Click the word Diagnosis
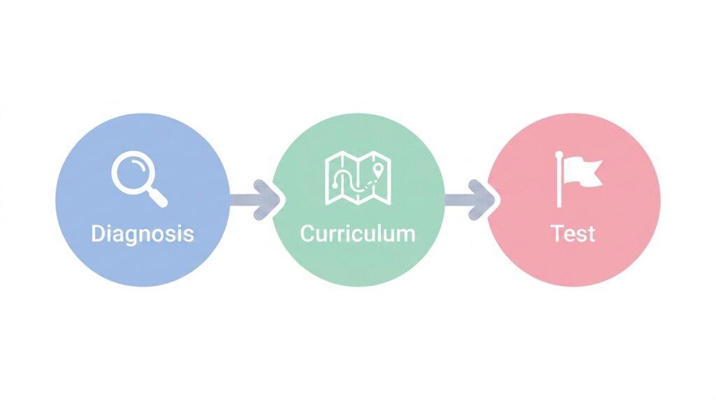point(143,234)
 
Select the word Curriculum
point(358,234)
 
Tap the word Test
point(573,234)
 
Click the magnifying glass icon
point(139,179)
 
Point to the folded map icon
point(358,178)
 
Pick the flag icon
point(578,179)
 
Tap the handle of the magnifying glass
point(158,198)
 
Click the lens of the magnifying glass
point(132,172)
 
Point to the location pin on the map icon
point(377,171)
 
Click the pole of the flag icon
point(559,181)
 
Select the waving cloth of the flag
point(582,172)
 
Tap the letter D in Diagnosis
point(97,234)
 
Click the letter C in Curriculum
point(308,234)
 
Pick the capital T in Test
point(557,234)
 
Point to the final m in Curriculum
point(406,236)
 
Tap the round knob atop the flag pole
point(559,155)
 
